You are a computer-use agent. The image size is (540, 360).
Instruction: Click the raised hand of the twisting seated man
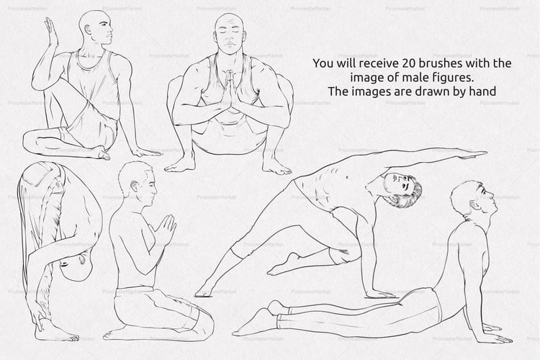[52, 32]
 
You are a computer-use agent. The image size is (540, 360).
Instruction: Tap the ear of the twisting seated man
[88, 30]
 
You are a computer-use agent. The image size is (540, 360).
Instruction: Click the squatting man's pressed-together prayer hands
[230, 89]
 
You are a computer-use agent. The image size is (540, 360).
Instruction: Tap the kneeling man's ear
[134, 186]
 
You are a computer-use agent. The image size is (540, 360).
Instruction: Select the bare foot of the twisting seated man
[102, 153]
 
